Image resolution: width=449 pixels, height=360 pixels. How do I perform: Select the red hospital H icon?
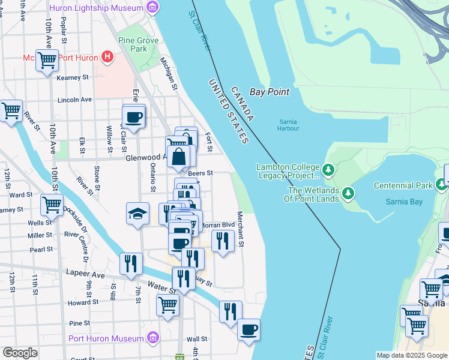point(107,57)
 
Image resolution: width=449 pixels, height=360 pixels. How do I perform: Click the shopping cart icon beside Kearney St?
point(46,60)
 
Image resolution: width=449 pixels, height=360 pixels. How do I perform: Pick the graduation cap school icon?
point(137,212)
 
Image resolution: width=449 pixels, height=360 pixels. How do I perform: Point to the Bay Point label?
point(270,92)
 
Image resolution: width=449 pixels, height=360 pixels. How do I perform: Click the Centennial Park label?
point(403,185)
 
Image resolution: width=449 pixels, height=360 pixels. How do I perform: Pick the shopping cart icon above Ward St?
point(52,205)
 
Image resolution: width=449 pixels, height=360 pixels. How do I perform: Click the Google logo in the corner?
point(20,353)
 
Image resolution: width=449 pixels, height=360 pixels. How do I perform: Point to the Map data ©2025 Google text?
point(411,355)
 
